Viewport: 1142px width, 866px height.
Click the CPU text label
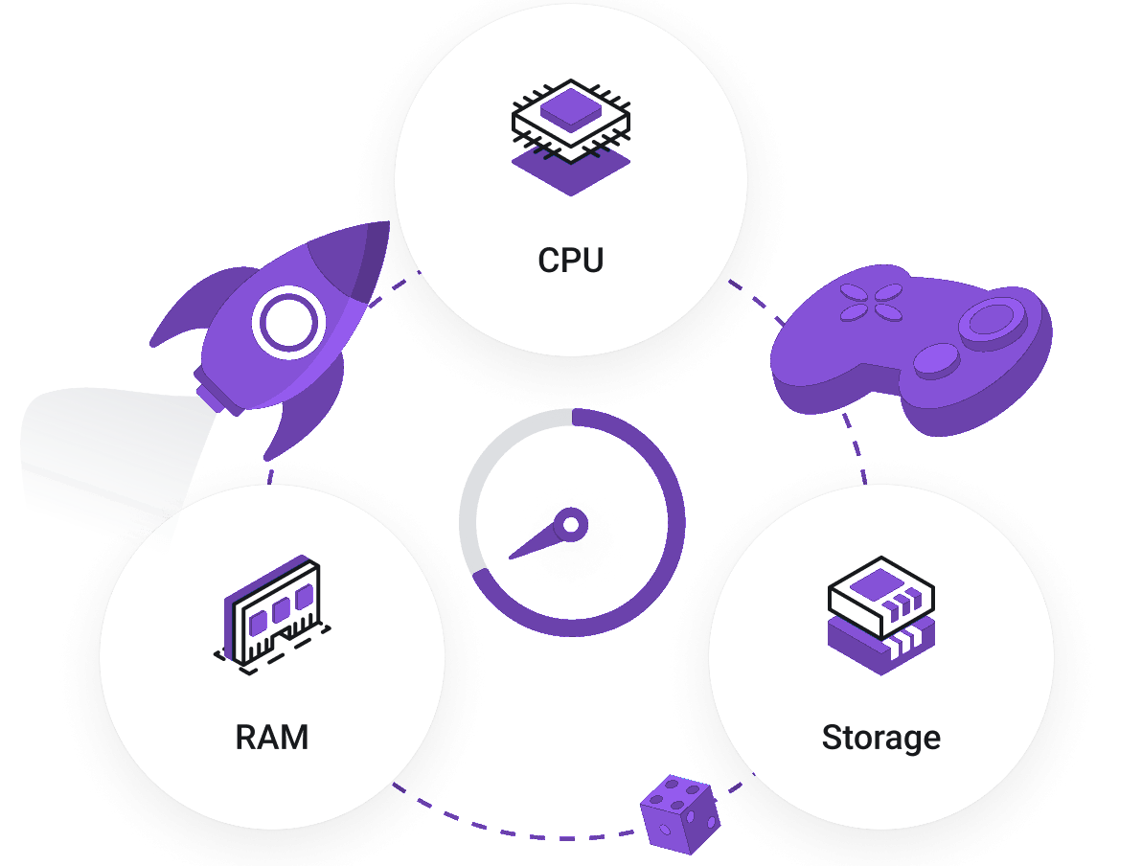coord(570,260)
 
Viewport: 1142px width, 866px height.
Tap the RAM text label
coord(272,737)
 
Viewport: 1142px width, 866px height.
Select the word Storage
coord(881,738)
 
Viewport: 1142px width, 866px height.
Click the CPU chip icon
coord(571,137)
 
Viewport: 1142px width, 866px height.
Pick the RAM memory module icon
coord(272,615)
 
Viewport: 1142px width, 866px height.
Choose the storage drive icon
coord(881,615)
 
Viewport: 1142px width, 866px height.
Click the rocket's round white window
coord(288,322)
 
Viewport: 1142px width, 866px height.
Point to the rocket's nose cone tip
coord(387,223)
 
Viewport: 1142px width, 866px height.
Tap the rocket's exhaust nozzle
coord(217,391)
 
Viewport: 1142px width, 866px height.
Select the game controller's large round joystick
coord(992,322)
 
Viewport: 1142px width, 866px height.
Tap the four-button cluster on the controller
coord(871,303)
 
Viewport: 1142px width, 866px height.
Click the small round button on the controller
coord(936,360)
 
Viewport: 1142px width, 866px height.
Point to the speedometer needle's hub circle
coord(571,524)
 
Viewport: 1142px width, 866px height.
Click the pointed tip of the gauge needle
coord(511,558)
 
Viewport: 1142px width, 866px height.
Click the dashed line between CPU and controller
coord(757,299)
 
